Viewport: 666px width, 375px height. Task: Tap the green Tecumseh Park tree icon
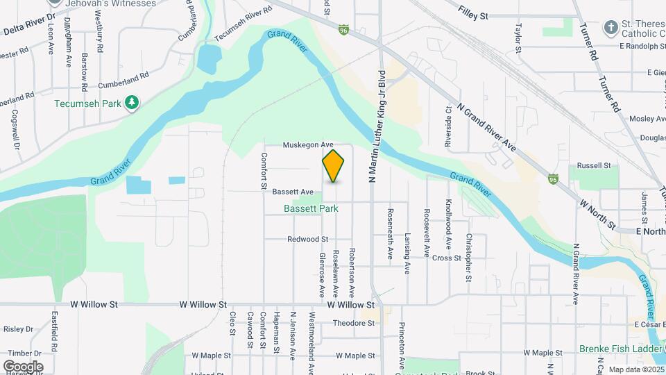[x=132, y=103]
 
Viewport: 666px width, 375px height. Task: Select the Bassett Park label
[x=310, y=208]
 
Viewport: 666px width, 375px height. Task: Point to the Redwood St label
[x=307, y=239]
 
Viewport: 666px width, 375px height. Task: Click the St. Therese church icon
[x=610, y=28]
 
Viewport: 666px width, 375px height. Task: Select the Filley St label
[x=474, y=14]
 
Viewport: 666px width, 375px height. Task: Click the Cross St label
[x=446, y=258]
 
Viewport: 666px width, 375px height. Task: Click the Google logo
[x=23, y=366]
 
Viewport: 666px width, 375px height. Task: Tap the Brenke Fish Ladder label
[x=621, y=349]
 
